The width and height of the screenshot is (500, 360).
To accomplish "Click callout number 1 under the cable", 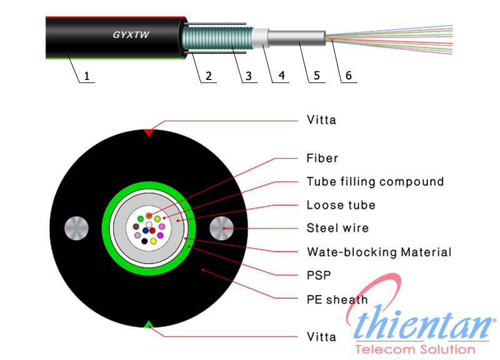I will [87, 76].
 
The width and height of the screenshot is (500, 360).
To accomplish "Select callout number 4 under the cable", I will [281, 76].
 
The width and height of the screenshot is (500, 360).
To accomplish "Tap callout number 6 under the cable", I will [348, 76].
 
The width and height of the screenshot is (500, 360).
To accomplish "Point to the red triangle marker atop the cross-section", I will [149, 132].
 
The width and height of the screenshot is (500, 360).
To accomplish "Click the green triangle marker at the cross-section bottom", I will [149, 323].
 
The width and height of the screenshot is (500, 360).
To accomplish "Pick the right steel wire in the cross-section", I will [222, 229].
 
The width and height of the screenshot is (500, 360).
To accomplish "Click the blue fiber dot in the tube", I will [145, 231].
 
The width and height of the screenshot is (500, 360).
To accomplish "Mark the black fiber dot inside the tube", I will [144, 241].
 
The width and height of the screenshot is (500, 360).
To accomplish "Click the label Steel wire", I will [337, 228].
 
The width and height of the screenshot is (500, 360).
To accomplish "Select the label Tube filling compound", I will [375, 182].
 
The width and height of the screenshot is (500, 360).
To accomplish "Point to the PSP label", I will [319, 275].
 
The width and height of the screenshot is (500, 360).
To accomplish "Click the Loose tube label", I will [341, 205].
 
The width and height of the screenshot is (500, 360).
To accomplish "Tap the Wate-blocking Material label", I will [379, 252].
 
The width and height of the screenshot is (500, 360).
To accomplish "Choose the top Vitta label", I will [321, 120].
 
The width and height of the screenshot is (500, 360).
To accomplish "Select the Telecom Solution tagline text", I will [414, 349].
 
